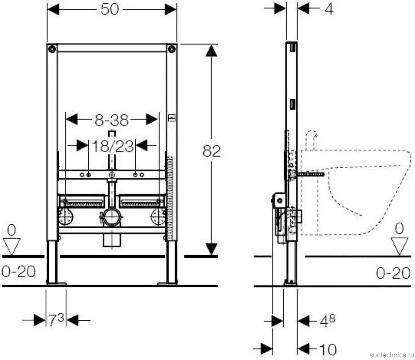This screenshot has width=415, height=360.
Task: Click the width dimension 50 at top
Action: [110, 9]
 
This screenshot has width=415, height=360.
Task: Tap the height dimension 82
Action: [211, 151]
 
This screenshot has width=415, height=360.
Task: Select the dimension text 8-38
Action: [112, 120]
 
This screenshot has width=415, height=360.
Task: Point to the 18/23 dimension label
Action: [113, 146]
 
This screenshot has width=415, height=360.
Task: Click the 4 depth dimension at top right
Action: [329, 9]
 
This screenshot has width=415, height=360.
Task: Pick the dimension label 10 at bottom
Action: [328, 350]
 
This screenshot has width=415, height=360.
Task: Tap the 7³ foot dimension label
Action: [56, 320]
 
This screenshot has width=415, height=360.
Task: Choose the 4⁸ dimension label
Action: [327, 321]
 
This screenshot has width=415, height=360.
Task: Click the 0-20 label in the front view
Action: [18, 272]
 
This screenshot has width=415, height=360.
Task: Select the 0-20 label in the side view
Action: [393, 273]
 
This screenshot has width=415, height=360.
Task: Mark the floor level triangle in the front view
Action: [12, 246]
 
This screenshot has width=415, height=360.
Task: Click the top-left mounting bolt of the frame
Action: [52, 49]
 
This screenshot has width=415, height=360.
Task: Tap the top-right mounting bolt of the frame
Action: [172, 49]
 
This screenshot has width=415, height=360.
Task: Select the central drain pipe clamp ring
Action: [112, 217]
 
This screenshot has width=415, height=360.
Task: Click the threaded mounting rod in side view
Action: [311, 174]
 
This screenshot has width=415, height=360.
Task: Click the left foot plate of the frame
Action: [56, 284]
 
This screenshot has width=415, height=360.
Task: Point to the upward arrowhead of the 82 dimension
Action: [211, 51]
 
